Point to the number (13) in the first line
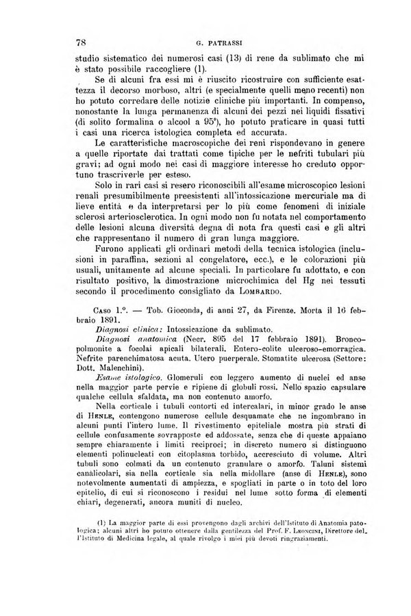click(x=230, y=57)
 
